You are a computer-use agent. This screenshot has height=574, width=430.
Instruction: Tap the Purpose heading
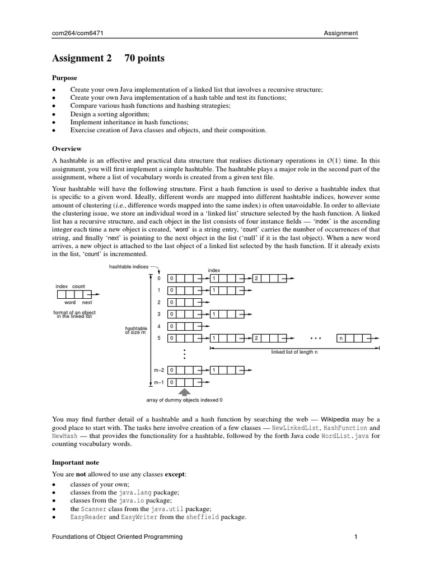[64, 78]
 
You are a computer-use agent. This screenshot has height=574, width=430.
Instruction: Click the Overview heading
[67, 149]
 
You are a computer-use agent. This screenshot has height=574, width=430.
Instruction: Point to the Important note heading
[76, 462]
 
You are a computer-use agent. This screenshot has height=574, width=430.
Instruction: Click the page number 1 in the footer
[356, 537]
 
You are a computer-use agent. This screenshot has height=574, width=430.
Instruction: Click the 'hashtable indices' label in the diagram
[129, 267]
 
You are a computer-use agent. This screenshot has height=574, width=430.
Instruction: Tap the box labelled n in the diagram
[342, 338]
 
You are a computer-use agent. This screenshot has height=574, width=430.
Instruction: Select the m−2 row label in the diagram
[158, 371]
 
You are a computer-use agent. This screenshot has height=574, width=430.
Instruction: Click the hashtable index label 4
[160, 325]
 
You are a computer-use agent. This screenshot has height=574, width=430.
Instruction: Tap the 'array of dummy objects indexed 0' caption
[184, 400]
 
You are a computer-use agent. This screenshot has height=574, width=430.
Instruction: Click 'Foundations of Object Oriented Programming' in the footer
[117, 537]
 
